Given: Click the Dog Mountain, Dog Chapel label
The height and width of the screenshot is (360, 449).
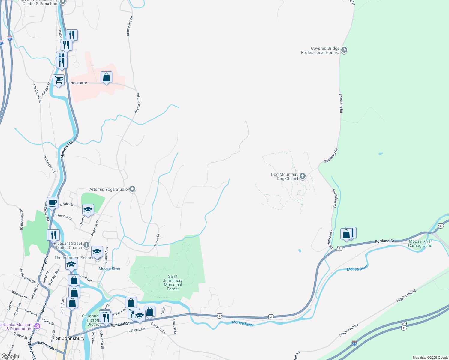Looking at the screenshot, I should pos(285,176).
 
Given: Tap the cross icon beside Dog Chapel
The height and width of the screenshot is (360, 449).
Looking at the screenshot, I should pos(303,176).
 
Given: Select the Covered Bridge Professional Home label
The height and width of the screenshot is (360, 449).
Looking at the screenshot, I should pos(320,50).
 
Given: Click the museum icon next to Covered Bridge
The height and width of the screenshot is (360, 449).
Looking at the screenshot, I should pos(344,50).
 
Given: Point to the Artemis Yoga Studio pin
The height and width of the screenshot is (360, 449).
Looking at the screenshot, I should pos(132,189).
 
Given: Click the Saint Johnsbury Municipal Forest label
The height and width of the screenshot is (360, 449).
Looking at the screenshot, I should pos(173,283).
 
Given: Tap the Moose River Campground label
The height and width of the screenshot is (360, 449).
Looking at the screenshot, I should pos(420,243).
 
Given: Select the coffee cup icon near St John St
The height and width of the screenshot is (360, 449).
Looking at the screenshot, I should pos(52,203).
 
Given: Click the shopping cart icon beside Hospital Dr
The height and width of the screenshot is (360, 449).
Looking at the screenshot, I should pos(59,80).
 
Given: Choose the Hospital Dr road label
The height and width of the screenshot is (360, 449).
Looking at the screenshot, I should pos(79,83).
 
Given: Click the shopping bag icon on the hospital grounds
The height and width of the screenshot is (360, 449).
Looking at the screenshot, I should pos(106,77).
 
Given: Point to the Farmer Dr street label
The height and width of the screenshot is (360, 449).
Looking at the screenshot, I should pos(157,241).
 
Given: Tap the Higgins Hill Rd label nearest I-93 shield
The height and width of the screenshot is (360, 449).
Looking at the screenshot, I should pos(348,330).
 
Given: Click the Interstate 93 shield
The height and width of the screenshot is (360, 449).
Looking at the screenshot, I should pos(354,343).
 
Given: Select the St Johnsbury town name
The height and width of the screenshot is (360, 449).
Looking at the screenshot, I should pos(70,338).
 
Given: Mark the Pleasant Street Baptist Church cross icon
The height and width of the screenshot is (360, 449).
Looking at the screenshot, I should pos(86,245).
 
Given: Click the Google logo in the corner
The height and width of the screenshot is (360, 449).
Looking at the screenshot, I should pos(10,356).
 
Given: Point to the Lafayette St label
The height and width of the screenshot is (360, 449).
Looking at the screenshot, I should pos(137,330).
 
